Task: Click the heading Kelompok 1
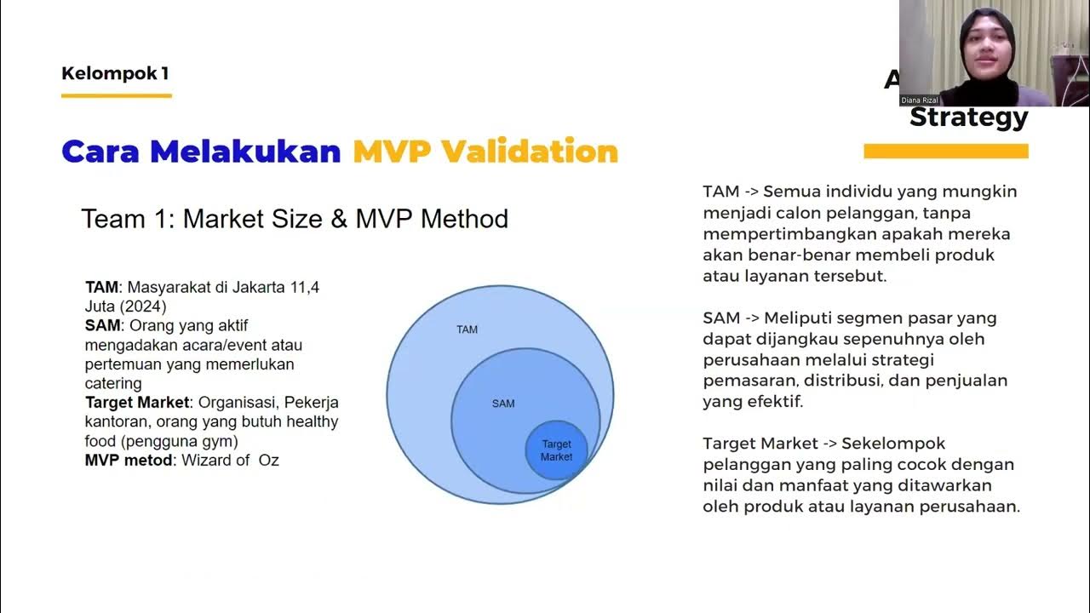pyautogui.click(x=115, y=73)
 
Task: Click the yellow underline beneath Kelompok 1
pyautogui.click(x=117, y=95)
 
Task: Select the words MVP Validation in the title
pyautogui.click(x=485, y=152)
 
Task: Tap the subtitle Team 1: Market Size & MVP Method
pyautogui.click(x=295, y=219)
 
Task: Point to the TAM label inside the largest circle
pyautogui.click(x=467, y=329)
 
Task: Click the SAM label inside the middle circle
pyautogui.click(x=503, y=404)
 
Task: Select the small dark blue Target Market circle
pyautogui.click(x=556, y=450)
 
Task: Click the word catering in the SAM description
pyautogui.click(x=113, y=384)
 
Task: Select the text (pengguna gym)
pyautogui.click(x=176, y=441)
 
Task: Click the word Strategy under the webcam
pyautogui.click(x=968, y=117)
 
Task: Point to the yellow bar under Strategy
pyautogui.click(x=945, y=152)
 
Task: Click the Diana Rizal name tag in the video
pyautogui.click(x=920, y=100)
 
